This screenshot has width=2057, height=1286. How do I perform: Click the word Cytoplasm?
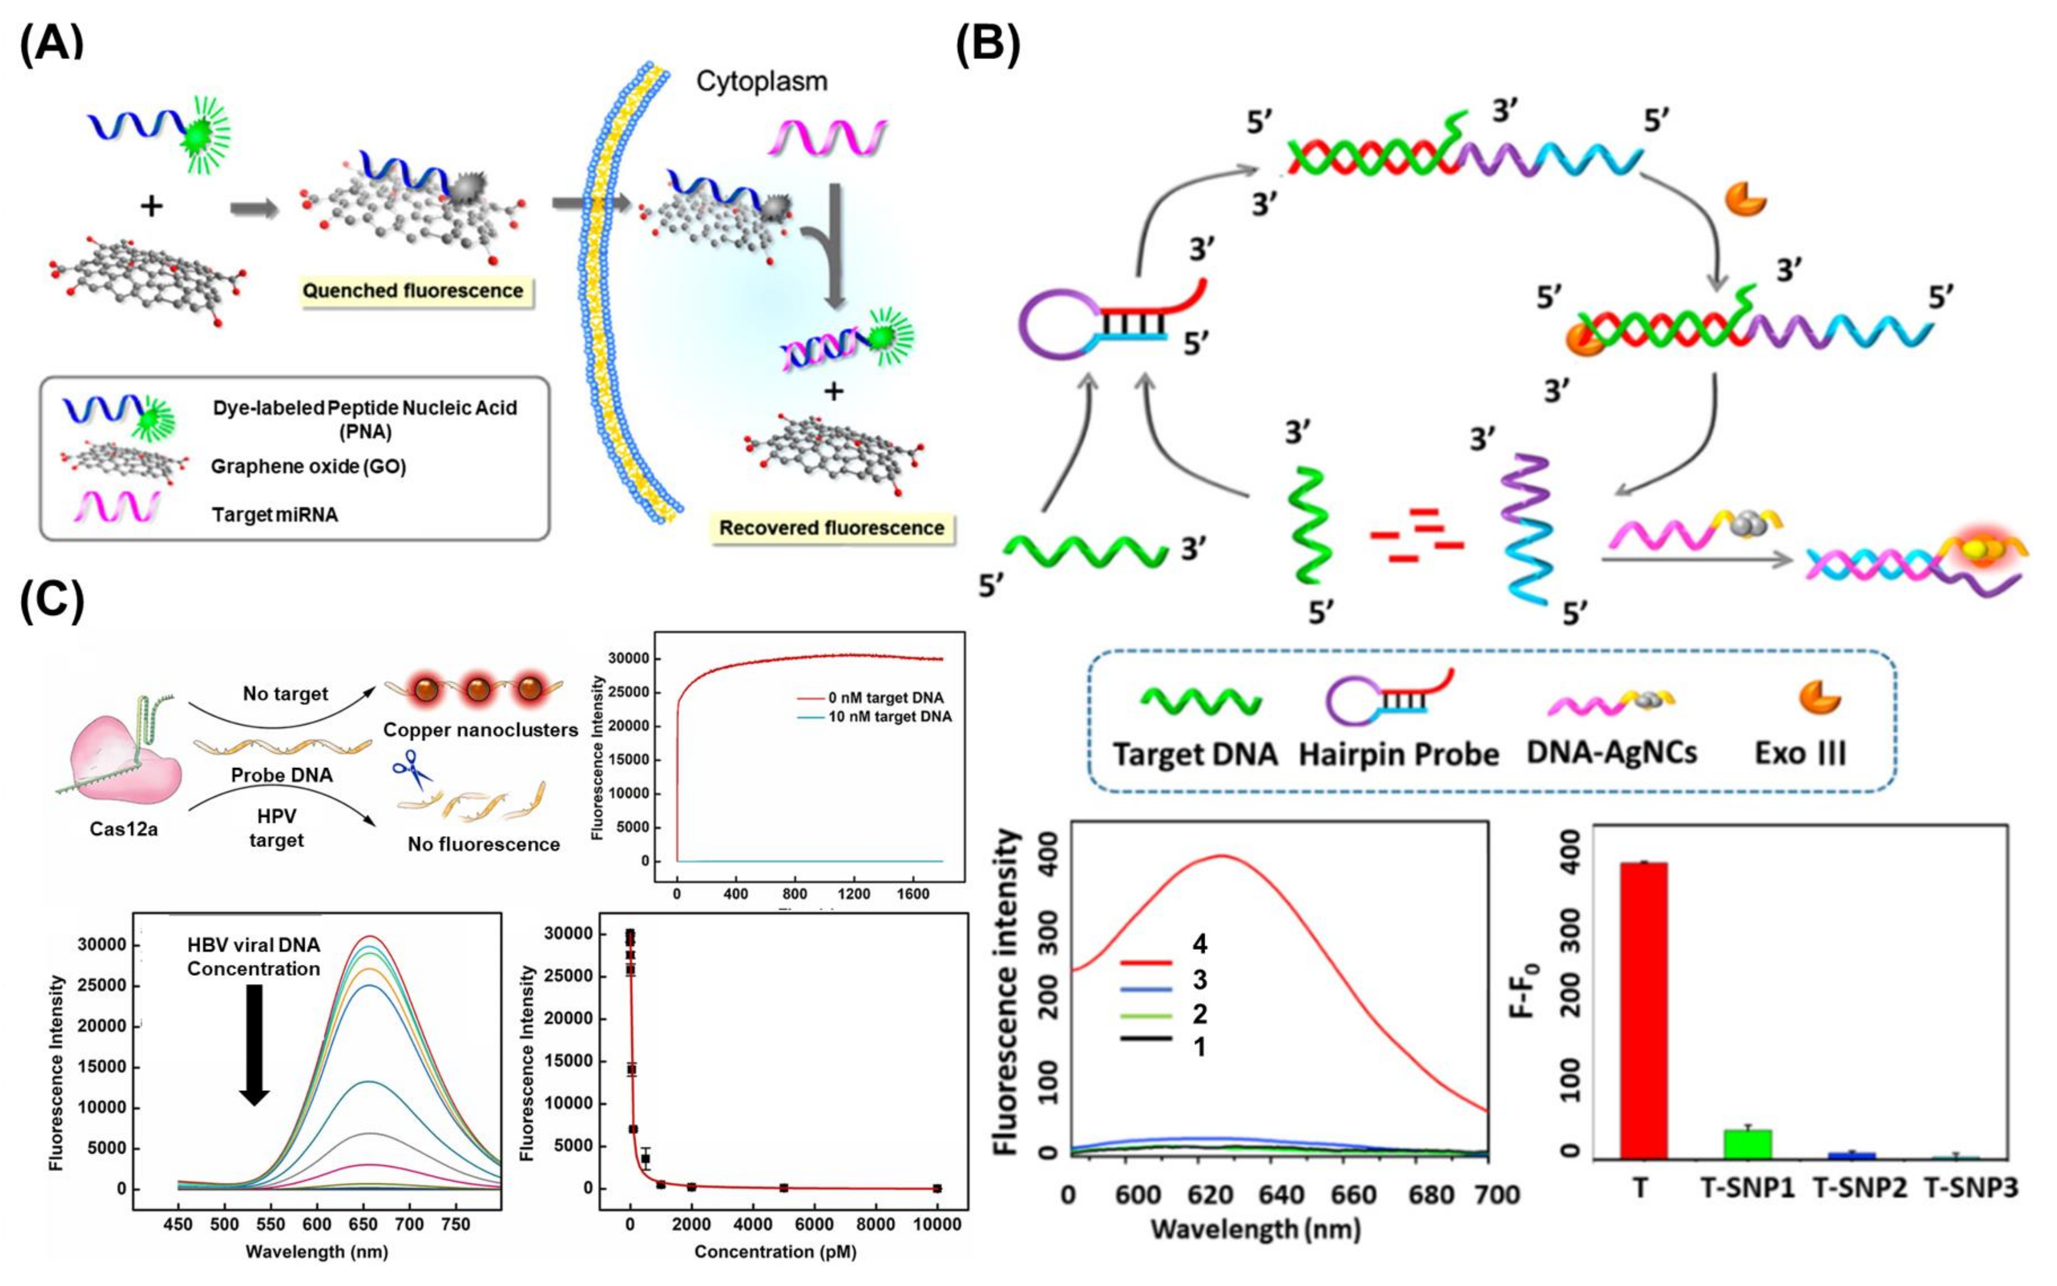[761, 82]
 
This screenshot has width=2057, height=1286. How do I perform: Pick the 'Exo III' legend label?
[1800, 754]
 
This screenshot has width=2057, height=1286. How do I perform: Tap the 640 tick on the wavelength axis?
[1281, 1195]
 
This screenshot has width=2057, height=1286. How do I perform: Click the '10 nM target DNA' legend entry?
[889, 717]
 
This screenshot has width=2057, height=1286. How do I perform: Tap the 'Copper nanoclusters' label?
[480, 730]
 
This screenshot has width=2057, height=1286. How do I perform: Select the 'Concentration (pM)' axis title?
[775, 1251]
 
